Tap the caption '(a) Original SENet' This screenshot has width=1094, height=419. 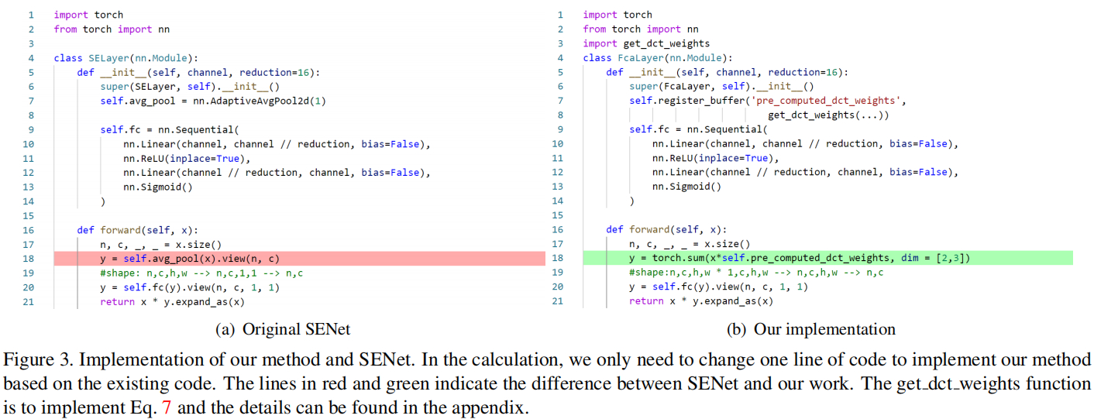pos(282,329)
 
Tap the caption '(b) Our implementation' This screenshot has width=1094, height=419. pos(810,329)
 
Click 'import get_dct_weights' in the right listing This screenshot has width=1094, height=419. pos(646,43)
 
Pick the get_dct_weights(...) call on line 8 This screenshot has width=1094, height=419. pos(828,115)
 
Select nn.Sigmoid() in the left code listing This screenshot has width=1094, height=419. pos(157,187)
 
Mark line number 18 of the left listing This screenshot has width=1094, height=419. pos(28,259)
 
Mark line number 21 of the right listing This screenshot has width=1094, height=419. pos(557,301)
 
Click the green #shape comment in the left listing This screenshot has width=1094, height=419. pos(201,273)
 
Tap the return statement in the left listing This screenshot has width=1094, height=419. pos(171,301)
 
